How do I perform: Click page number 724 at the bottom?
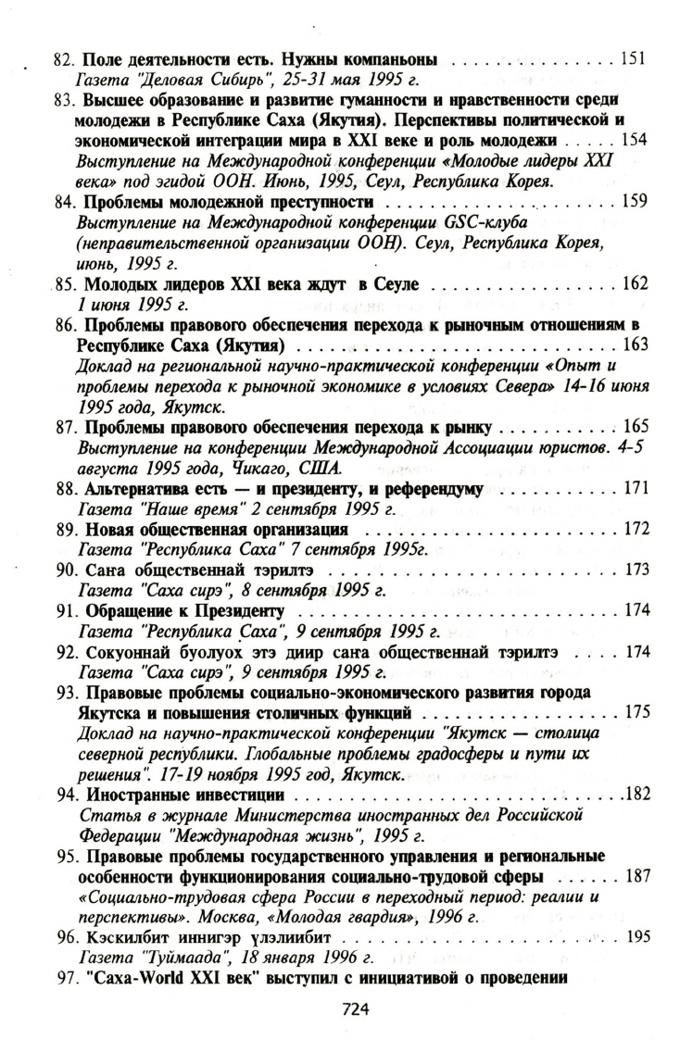point(356,1009)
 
